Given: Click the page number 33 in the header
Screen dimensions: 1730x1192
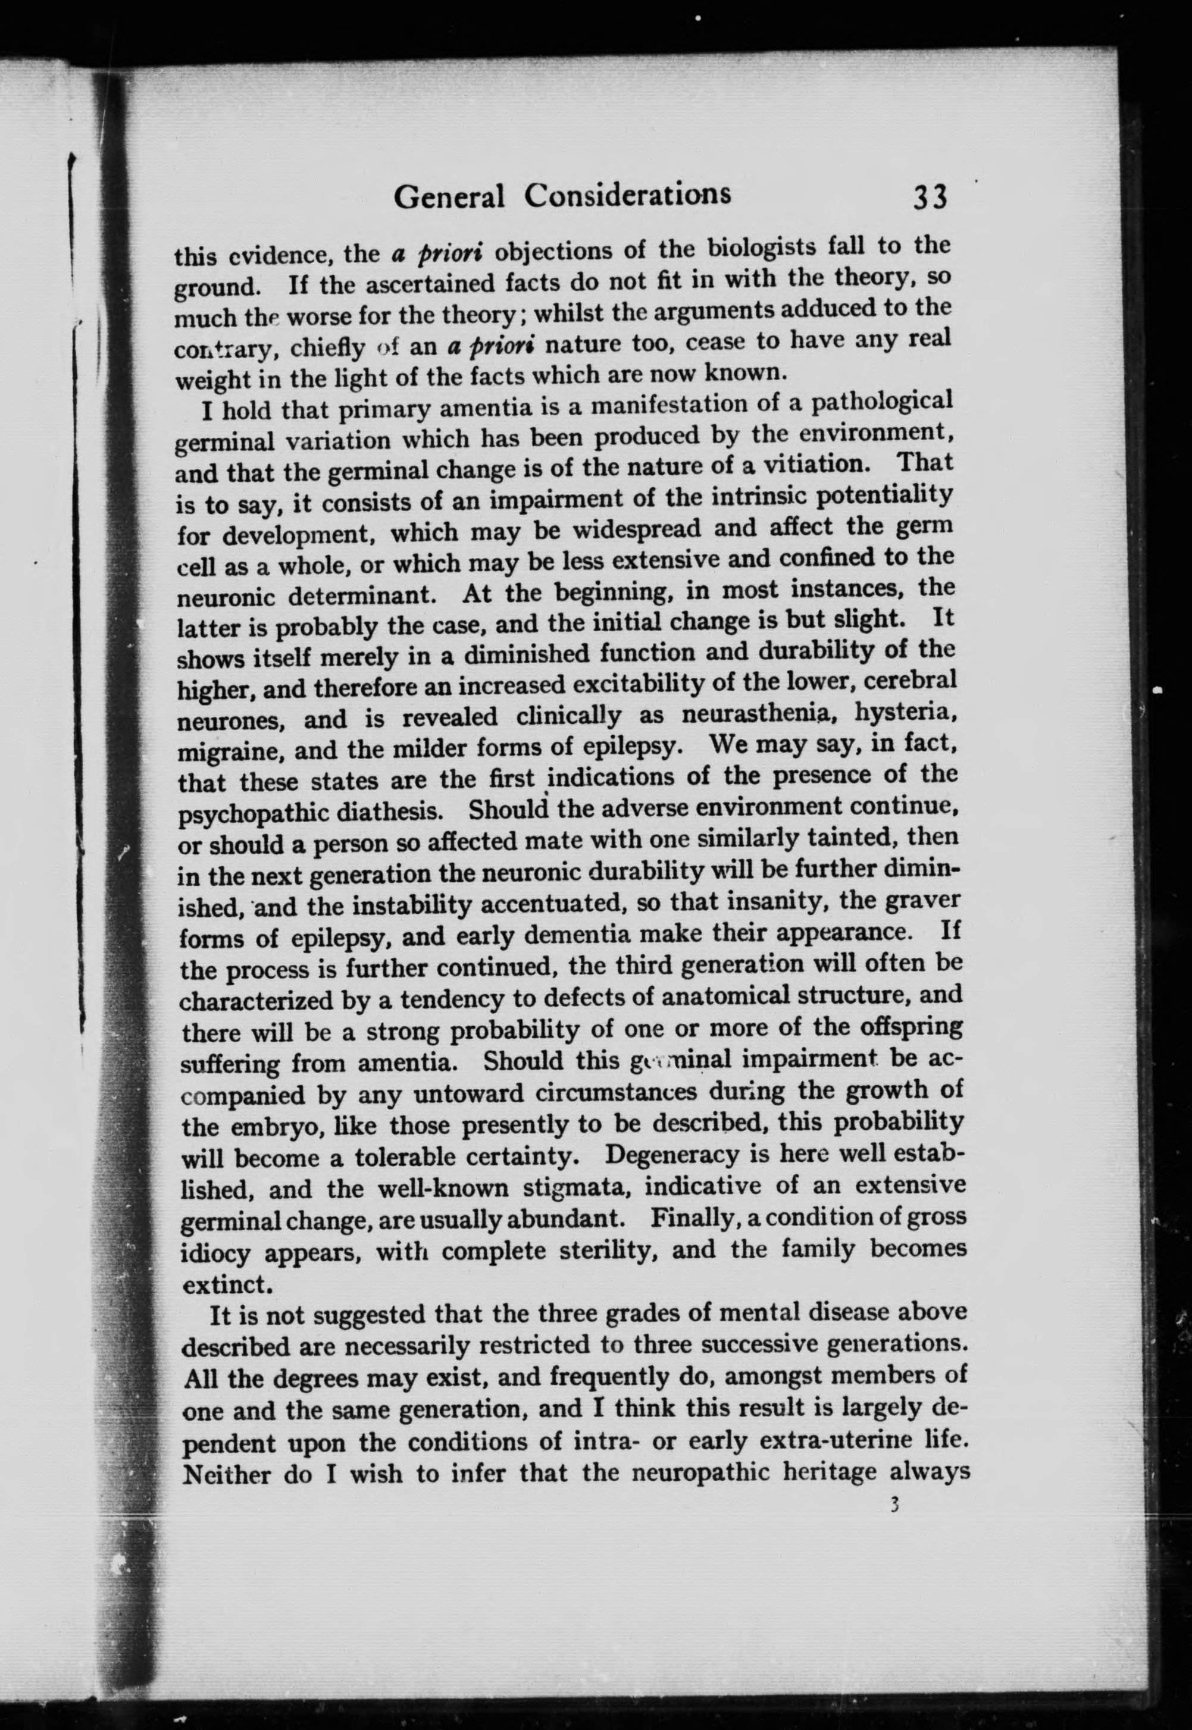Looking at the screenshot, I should click(x=929, y=198).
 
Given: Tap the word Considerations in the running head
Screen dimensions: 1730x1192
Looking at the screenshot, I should click(x=627, y=195).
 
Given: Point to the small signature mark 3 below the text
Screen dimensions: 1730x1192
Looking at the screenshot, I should click(x=893, y=1505).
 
